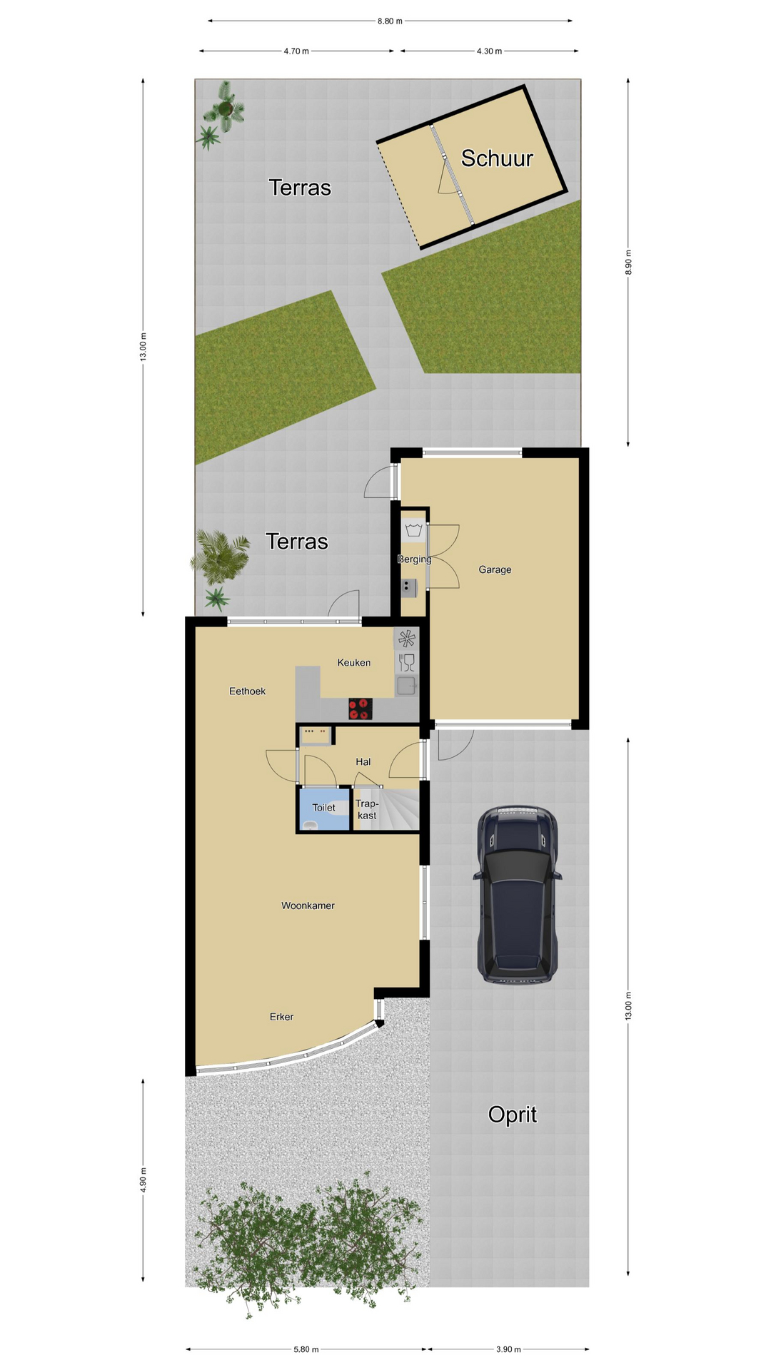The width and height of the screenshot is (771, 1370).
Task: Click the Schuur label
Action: pyautogui.click(x=497, y=158)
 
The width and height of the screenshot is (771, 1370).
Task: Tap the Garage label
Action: pyautogui.click(x=495, y=569)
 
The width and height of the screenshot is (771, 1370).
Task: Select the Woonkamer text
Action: pyautogui.click(x=308, y=905)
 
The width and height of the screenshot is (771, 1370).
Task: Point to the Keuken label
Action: pyautogui.click(x=354, y=663)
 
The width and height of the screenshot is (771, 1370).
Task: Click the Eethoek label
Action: pyautogui.click(x=247, y=691)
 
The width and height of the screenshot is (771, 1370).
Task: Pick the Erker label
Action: pyautogui.click(x=281, y=1017)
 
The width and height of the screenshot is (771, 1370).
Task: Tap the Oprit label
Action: pyautogui.click(x=513, y=1115)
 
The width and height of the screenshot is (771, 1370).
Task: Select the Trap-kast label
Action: pyautogui.click(x=367, y=810)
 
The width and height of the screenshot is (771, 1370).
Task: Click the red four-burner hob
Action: pyautogui.click(x=360, y=709)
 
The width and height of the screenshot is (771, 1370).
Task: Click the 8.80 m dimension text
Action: pyautogui.click(x=390, y=21)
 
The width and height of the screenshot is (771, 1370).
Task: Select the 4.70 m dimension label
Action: pyautogui.click(x=296, y=51)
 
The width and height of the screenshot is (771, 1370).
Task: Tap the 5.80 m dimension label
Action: pyautogui.click(x=306, y=1349)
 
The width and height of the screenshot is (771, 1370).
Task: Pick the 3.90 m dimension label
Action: pyautogui.click(x=508, y=1349)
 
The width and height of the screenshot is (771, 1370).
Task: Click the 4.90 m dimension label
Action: pyautogui.click(x=143, y=1180)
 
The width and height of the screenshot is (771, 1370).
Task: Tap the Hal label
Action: pyautogui.click(x=363, y=762)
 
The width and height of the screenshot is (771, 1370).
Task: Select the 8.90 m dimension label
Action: pyautogui.click(x=628, y=263)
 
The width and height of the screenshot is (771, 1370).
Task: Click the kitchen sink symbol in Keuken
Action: pyautogui.click(x=407, y=686)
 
